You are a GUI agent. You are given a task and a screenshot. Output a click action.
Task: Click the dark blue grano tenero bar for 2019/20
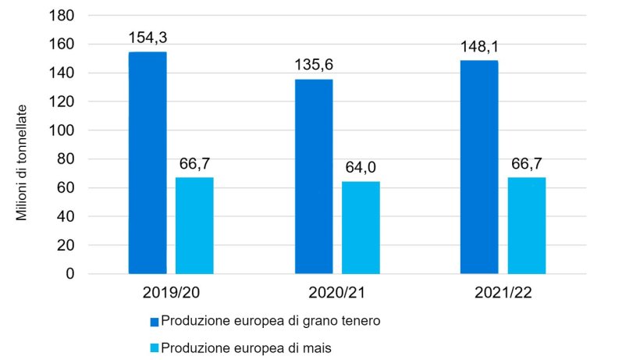coord(148,162)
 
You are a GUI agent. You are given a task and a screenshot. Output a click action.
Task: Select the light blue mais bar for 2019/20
coord(194,226)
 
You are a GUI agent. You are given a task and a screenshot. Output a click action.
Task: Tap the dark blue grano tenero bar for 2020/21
coord(314,176)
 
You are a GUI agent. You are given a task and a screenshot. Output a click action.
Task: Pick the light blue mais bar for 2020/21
coord(361,228)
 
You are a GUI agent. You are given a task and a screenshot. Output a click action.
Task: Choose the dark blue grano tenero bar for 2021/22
coord(479,167)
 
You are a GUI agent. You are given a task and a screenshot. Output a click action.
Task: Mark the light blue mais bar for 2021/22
coord(527,226)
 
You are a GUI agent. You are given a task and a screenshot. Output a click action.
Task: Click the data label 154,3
coord(148,37)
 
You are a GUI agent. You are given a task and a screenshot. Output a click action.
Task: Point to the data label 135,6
coord(314,64)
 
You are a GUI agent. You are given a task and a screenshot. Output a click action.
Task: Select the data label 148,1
coord(479,46)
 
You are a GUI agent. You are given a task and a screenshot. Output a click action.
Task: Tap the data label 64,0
coord(361,166)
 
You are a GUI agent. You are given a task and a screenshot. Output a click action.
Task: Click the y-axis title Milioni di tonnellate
coord(22,162)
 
